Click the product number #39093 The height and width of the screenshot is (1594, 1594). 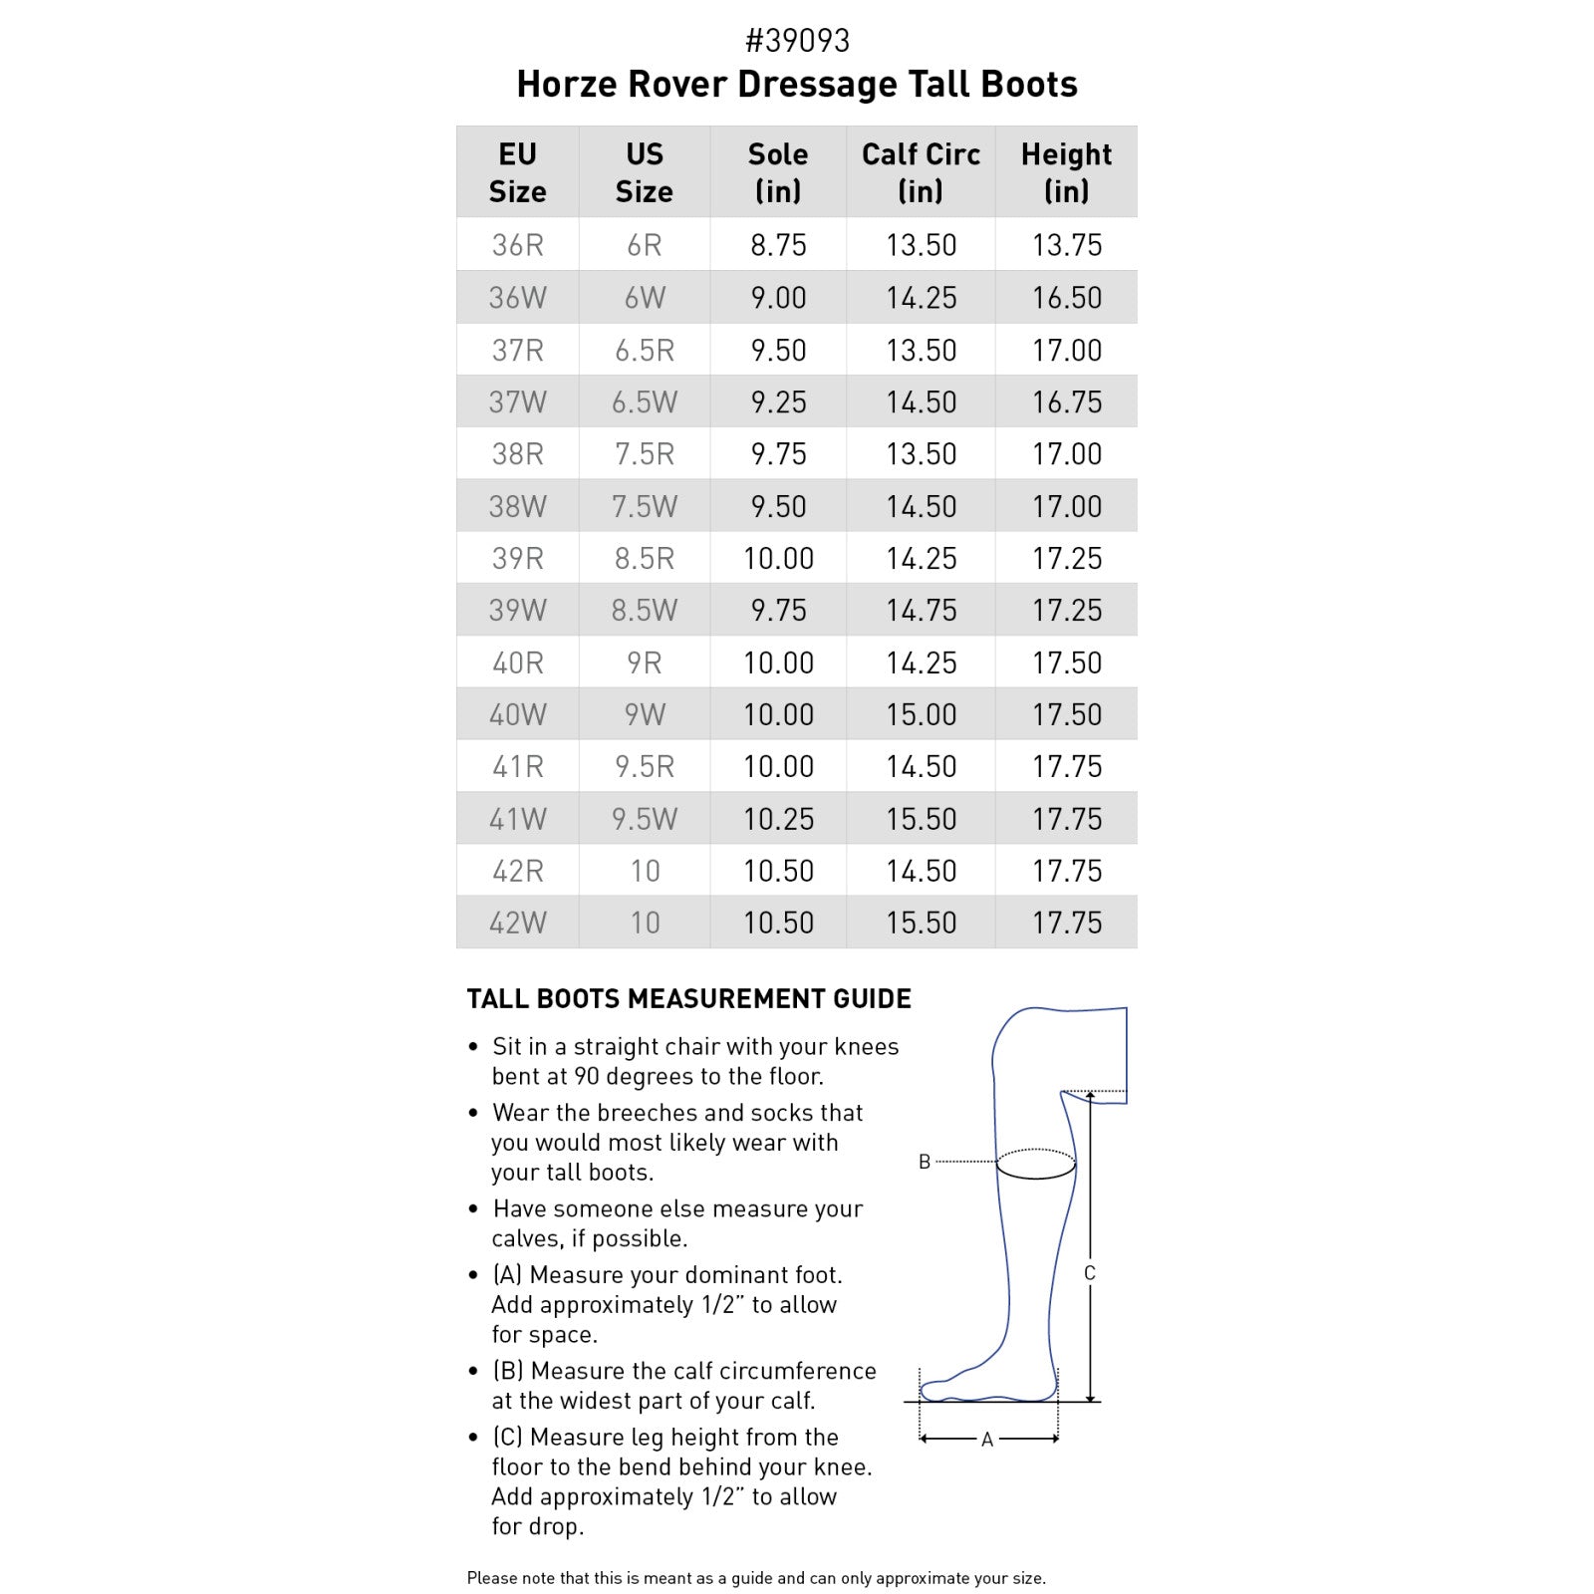tap(797, 41)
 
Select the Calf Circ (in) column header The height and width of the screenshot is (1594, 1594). tap(921, 171)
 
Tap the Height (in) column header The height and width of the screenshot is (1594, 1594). tap(1066, 171)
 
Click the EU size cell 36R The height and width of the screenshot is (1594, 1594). tap(517, 245)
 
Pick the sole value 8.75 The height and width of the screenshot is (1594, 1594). tap(778, 245)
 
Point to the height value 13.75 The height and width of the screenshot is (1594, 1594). tap(1066, 245)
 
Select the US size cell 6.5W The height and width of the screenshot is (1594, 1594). tap(644, 402)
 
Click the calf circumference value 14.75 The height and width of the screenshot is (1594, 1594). tap(921, 611)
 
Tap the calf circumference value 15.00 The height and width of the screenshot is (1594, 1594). tap(921, 714)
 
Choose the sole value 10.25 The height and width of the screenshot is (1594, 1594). tap(778, 819)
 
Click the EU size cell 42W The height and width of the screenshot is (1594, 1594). tap(517, 923)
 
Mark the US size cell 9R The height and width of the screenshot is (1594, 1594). tap(644, 663)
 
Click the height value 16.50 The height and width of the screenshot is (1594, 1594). tap(1066, 298)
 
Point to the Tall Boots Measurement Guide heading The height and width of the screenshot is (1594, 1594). tap(688, 999)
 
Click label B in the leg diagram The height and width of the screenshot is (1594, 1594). tap(925, 1162)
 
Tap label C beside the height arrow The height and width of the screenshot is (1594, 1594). tap(1089, 1273)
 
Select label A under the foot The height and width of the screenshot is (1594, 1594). tap(987, 1440)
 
